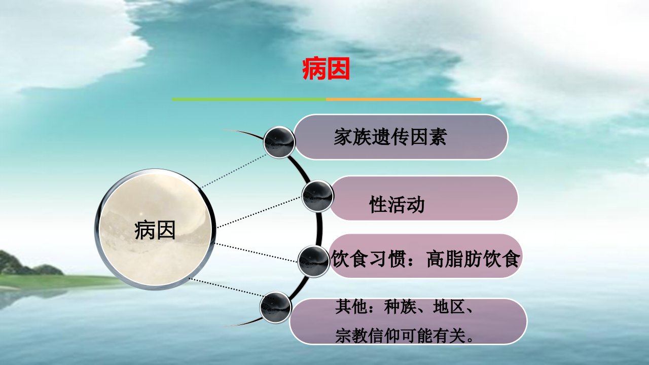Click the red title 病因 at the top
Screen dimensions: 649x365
tap(326, 69)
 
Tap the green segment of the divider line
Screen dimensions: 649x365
tap(249, 99)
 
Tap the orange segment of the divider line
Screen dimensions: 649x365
tap(404, 99)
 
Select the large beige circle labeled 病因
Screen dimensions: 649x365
tap(155, 230)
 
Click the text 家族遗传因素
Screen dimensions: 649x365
tap(390, 137)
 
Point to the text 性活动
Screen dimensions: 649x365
tap(396, 204)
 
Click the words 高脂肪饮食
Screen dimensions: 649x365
tap(473, 259)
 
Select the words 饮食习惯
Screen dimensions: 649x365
tap(368, 259)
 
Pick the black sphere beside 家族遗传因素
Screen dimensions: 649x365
tap(279, 142)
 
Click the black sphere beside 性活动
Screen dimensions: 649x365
tap(317, 196)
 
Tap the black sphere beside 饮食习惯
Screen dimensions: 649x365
tap(313, 262)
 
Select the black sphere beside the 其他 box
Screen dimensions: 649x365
tap(275, 307)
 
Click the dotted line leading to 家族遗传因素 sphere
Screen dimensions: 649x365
tap(233, 171)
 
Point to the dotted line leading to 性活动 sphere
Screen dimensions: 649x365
tap(259, 212)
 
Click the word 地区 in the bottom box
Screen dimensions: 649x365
tap(449, 307)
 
